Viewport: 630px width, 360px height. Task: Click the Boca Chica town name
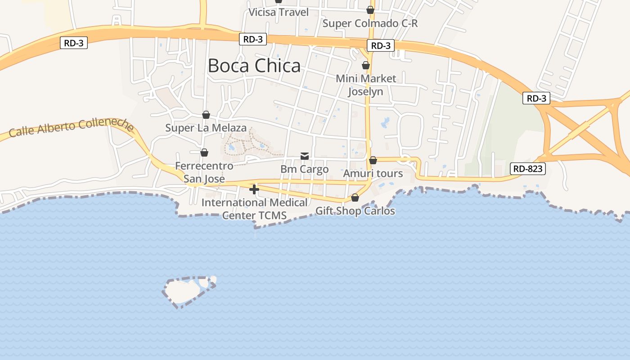coord(254,66)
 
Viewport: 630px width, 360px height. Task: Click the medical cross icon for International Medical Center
coord(254,189)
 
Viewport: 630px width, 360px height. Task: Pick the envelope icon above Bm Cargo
coord(305,156)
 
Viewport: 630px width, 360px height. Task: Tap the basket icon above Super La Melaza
coord(206,115)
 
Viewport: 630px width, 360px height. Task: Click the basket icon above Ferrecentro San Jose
coord(204,153)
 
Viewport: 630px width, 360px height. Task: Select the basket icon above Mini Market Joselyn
coord(366,65)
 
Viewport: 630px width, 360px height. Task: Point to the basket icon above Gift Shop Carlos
coord(355,198)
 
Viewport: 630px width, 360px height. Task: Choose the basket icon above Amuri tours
coord(373,160)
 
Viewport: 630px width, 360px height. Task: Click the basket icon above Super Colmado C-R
coord(370,10)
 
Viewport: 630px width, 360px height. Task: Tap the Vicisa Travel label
coord(279,12)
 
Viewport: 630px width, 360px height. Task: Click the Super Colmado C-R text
coord(370,23)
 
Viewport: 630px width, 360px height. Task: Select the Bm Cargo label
coord(305,169)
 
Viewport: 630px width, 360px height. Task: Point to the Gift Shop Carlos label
coord(355,211)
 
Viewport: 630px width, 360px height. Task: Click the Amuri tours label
coord(373,173)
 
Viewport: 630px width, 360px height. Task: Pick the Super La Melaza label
coord(206,128)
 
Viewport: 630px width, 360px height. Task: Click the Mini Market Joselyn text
coord(366,85)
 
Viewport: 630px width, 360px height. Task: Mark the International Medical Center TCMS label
coord(254,209)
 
